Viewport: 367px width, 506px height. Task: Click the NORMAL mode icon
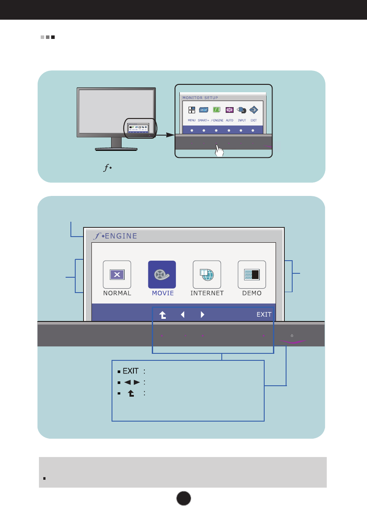pos(117,274)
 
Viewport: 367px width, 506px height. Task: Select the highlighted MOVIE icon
pos(162,274)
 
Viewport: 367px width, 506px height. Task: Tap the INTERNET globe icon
pos(207,274)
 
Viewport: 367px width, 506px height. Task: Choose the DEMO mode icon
pos(252,274)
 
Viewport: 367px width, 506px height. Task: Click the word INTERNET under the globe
pos(207,293)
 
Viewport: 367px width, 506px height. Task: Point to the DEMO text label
pos(252,293)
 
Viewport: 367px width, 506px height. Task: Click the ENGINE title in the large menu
pos(120,236)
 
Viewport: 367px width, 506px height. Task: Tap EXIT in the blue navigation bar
pos(264,314)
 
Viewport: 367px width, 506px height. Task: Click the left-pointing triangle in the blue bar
pos(183,314)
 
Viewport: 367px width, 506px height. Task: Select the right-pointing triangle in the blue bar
pos(202,314)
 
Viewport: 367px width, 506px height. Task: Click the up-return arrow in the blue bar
pos(162,314)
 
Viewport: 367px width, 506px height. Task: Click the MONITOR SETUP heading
pos(200,98)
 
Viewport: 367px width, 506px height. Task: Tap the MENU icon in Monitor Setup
pos(192,110)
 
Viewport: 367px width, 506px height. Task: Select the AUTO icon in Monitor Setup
pos(229,110)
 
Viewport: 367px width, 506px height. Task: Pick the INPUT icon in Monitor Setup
pos(242,110)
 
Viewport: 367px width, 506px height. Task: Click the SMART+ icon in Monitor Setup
pos(204,110)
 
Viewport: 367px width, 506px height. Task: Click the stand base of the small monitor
pos(116,149)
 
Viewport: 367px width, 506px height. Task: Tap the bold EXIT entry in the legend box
pos(130,371)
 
